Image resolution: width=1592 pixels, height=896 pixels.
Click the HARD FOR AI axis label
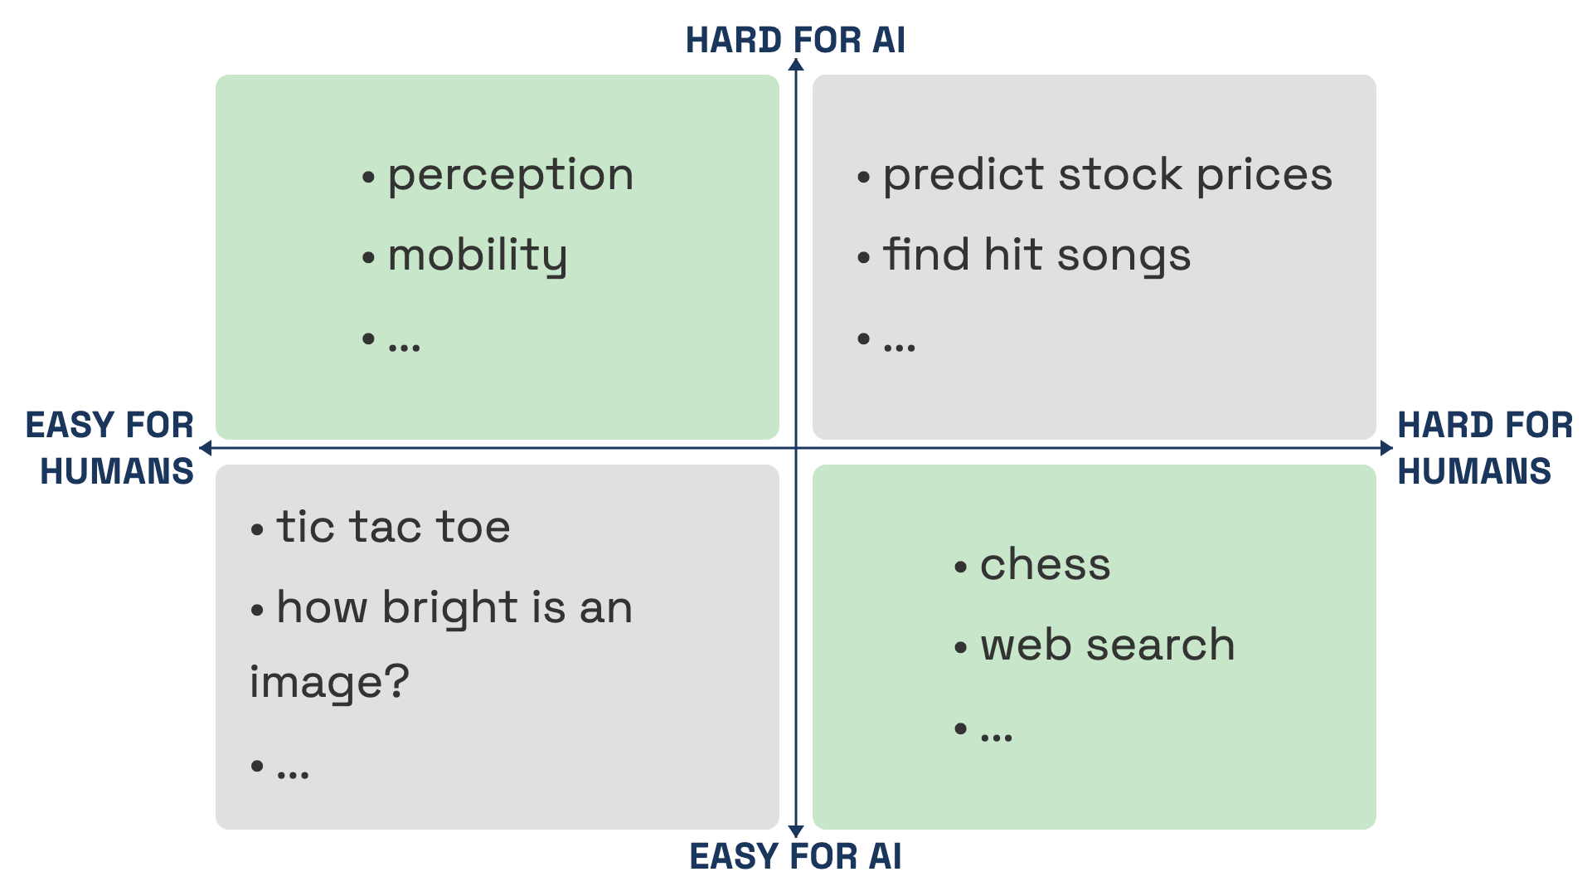click(x=795, y=40)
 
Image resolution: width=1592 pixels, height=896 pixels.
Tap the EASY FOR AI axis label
click(x=795, y=856)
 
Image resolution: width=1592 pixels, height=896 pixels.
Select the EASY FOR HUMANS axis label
click(x=110, y=448)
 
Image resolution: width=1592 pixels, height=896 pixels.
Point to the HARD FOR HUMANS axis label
click(x=1484, y=448)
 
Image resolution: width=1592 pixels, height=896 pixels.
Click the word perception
click(x=511, y=177)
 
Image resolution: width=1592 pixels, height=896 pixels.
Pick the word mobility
click(x=478, y=256)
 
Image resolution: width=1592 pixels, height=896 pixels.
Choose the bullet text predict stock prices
click(x=1108, y=176)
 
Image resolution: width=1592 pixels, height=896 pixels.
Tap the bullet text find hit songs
click(x=1036, y=256)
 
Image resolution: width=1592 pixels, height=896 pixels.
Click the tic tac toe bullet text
click(x=393, y=527)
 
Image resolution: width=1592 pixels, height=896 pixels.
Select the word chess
click(x=1045, y=565)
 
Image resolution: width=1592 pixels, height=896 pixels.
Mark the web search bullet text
click(x=1108, y=645)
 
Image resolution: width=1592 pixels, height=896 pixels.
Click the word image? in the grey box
click(x=330, y=683)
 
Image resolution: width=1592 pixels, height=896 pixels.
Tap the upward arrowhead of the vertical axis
click(x=796, y=66)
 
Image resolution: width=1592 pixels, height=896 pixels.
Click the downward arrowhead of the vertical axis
click(x=796, y=830)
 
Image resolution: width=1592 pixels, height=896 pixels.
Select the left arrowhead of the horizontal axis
click(x=206, y=448)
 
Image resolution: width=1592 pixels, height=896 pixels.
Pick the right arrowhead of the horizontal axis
click(x=1386, y=448)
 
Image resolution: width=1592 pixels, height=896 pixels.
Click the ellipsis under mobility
click(x=405, y=348)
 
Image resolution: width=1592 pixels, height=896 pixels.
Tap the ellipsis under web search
click(x=997, y=737)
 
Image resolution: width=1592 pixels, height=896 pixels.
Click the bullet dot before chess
click(x=961, y=567)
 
